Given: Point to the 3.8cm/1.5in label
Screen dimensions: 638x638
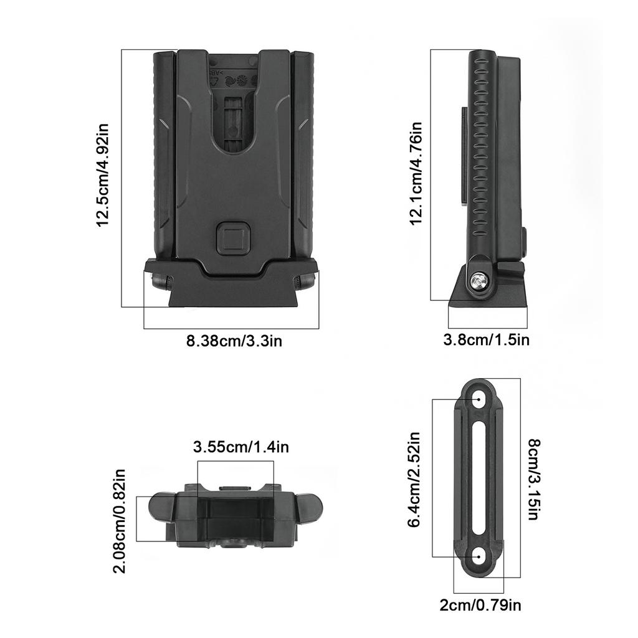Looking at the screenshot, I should point(486,340).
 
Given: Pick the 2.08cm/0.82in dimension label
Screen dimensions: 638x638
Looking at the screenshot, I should point(122,521).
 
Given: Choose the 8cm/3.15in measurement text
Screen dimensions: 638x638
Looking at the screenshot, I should point(534,479).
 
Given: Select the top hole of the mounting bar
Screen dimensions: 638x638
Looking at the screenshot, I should point(479,397).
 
